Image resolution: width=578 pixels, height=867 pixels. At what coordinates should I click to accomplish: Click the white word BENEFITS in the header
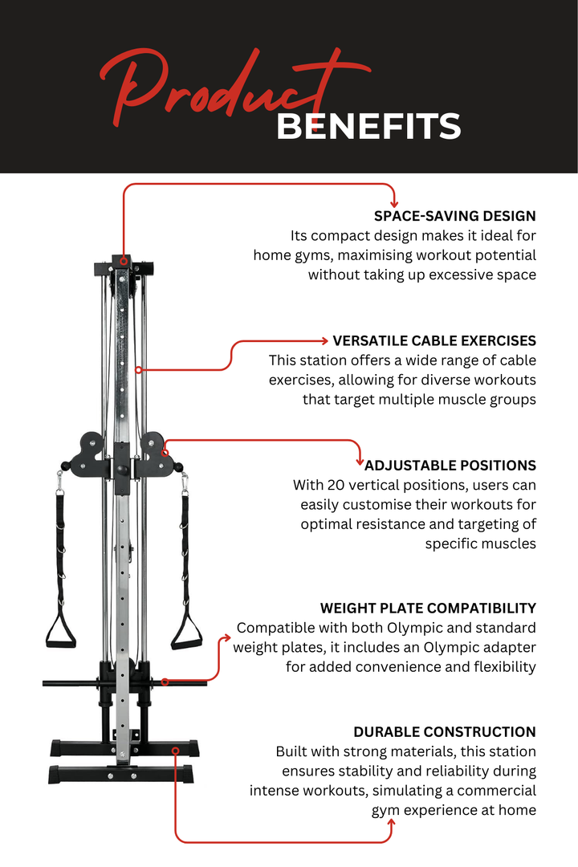tap(368, 127)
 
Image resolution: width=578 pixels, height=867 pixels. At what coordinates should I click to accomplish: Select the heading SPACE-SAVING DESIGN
tap(454, 216)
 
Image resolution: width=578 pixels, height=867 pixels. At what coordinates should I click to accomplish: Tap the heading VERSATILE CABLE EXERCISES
tap(434, 340)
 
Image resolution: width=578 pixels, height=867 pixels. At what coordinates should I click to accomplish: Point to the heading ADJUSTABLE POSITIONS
tap(450, 465)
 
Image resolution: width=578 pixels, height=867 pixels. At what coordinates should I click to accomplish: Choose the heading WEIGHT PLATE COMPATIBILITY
tap(428, 608)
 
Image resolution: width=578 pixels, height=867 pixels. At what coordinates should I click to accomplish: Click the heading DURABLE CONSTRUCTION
tap(444, 731)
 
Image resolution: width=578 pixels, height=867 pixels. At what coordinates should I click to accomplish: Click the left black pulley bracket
tap(88, 454)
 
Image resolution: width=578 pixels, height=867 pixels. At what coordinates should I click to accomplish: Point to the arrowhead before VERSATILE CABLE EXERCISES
tap(325, 340)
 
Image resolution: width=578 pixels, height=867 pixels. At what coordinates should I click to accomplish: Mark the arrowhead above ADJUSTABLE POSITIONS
tap(360, 460)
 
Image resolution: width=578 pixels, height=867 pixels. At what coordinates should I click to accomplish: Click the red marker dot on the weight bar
tap(165, 682)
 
